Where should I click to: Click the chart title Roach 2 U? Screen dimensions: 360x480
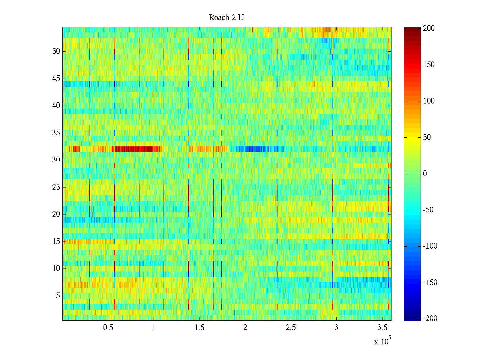[226, 18]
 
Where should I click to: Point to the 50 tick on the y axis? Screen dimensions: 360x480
[56, 51]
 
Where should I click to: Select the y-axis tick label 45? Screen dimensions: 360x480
[56, 79]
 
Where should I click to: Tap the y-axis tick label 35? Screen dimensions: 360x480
[56, 133]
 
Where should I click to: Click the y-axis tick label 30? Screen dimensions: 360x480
[56, 160]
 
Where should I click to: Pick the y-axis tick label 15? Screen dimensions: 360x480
[56, 241]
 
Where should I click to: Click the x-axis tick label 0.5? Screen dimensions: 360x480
[108, 328]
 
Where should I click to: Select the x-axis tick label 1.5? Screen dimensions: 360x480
[199, 328]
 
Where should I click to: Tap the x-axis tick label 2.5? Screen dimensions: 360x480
[290, 328]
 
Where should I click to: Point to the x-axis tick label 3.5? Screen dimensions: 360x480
[382, 328]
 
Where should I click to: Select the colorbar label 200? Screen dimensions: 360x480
[429, 28]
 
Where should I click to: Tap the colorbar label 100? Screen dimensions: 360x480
[429, 101]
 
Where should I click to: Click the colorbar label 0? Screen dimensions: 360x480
[425, 174]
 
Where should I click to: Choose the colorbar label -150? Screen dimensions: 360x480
[430, 283]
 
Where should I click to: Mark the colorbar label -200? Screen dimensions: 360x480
[430, 319]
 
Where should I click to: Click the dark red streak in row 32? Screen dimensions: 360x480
[138, 149]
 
